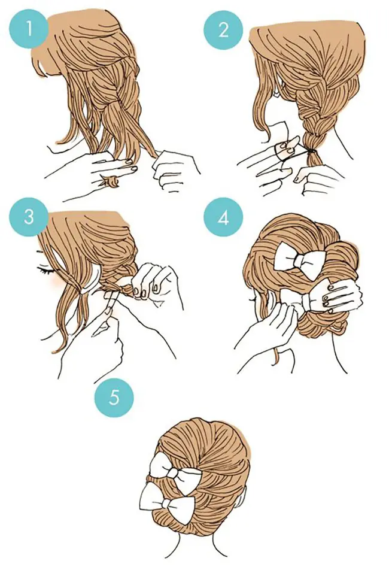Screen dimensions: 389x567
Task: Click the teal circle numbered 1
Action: (x=29, y=29)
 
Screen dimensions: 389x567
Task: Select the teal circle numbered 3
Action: (x=29, y=217)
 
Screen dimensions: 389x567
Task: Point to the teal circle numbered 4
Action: (x=223, y=218)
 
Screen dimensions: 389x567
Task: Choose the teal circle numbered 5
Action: (x=114, y=398)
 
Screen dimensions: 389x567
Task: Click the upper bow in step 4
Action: (x=299, y=260)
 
